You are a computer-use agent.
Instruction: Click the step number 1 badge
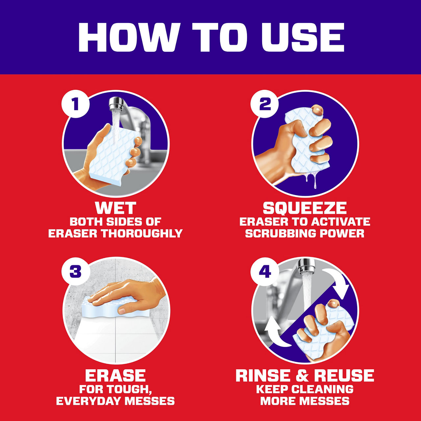point(76,104)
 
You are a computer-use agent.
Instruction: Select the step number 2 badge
point(264,104)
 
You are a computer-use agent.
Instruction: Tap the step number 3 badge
point(76,272)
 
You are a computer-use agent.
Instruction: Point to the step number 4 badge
point(264,272)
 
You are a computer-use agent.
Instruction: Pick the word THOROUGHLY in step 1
point(142,234)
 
